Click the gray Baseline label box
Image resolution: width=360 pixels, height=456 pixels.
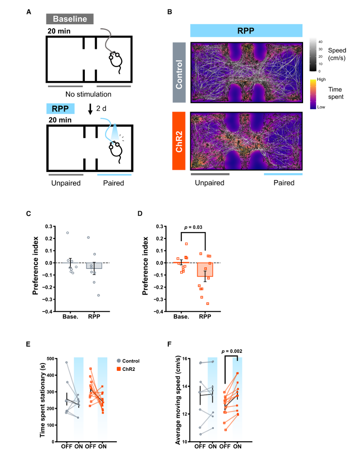[x=70, y=19]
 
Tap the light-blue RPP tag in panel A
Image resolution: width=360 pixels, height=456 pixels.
[x=61, y=108]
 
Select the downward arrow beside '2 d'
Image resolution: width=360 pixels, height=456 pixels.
[x=90, y=109]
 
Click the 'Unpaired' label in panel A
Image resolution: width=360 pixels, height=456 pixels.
[x=66, y=183]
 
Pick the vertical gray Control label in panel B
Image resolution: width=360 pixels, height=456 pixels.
[x=179, y=72]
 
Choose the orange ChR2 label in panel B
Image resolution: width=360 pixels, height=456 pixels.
[x=179, y=141]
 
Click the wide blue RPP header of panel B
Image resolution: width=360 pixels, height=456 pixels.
[x=246, y=31]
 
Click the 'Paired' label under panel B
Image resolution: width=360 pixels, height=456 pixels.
[x=284, y=183]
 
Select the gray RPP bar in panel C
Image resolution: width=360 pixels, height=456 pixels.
[x=94, y=266]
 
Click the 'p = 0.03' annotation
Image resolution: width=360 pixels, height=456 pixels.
[x=193, y=227]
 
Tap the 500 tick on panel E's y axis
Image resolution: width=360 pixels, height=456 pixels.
[x=50, y=359]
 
